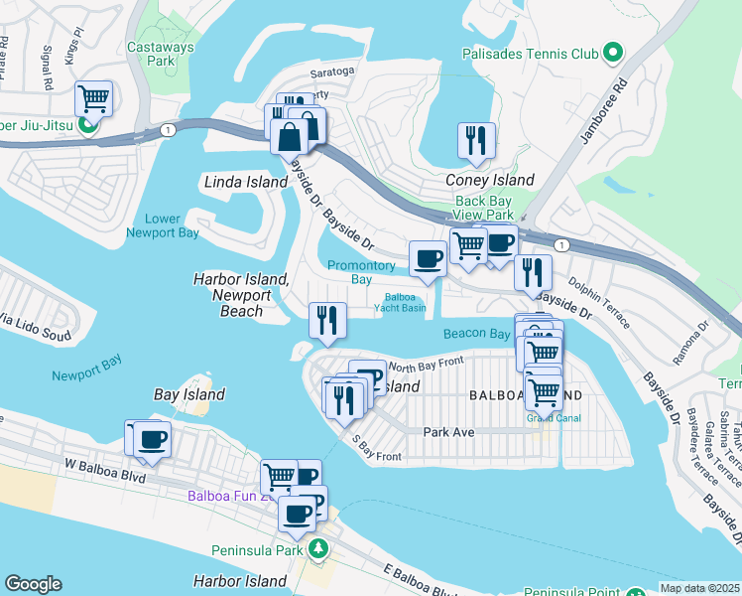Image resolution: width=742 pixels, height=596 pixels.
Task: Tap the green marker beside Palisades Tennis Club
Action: pos(615,52)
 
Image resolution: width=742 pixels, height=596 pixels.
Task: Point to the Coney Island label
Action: pos(489,180)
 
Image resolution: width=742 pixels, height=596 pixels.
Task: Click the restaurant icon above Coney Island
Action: pos(476,141)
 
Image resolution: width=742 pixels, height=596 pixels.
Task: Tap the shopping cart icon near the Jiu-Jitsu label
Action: pos(93,98)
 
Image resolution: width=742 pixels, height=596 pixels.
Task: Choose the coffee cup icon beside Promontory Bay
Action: pos(428,258)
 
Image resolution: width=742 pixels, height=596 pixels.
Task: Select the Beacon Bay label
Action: pos(476,334)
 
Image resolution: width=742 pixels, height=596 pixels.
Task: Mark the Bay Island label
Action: pos(189,394)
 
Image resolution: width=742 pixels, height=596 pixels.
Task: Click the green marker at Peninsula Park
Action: pos(317,548)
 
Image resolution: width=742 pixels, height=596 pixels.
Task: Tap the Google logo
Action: pos(34,583)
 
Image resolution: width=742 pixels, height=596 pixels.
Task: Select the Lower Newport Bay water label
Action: pos(162,225)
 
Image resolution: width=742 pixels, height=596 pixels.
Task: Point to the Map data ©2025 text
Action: pos(699,587)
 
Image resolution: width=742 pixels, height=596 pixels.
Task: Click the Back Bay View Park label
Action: pos(485,208)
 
